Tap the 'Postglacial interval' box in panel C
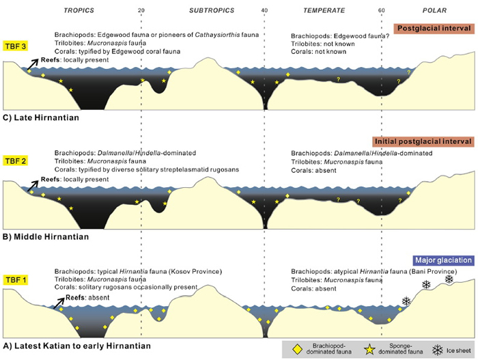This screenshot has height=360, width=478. (433, 28)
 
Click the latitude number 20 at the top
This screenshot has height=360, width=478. (141, 10)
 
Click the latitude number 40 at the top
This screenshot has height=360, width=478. (264, 10)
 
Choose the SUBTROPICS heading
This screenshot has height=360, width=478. (212, 10)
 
